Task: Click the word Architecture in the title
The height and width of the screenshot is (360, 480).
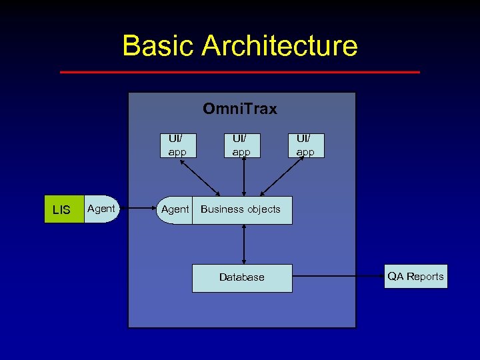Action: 279,46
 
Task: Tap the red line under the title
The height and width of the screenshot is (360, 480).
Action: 240,72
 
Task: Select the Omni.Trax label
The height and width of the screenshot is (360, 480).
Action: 240,109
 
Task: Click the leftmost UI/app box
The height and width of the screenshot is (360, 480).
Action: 177,145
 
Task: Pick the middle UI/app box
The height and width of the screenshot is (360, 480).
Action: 241,145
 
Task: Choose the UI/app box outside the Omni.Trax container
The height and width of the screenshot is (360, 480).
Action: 305,145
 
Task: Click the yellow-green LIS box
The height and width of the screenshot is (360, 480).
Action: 61,209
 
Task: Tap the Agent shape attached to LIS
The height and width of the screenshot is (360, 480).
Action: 101,209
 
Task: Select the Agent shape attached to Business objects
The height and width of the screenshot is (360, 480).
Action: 175,209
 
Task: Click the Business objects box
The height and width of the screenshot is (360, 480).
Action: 241,209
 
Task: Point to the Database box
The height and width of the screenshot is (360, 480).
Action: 242,277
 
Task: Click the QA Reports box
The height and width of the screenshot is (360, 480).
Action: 415,276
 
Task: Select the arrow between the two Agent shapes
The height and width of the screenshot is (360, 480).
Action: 136,209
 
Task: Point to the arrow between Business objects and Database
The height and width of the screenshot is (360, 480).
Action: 244,244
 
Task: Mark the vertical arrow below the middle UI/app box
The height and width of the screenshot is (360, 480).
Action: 244,177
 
